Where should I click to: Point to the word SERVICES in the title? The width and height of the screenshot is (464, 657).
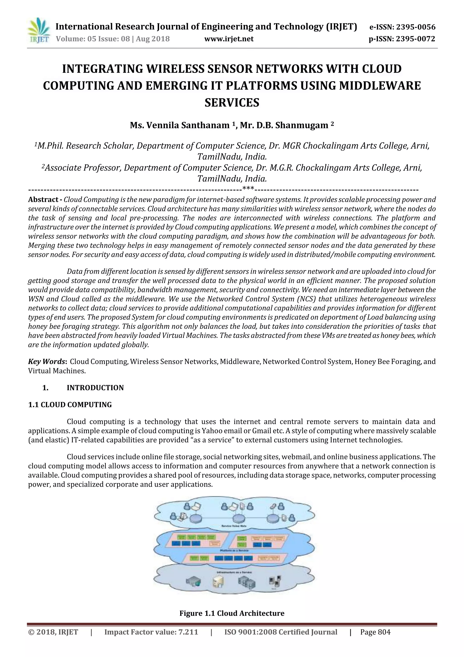coord(232,103)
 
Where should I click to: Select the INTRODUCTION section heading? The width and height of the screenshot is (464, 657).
coord(95,388)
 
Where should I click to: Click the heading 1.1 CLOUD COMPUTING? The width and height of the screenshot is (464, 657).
coord(70,405)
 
